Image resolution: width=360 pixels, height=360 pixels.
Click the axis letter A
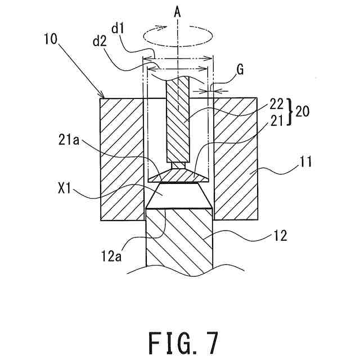pos(178,10)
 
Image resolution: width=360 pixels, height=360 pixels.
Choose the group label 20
pos(301,112)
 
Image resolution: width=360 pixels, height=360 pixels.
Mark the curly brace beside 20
pos(290,112)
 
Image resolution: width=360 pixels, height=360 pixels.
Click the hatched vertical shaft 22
pos(178,118)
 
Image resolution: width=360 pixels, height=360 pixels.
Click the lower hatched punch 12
pos(179,242)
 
